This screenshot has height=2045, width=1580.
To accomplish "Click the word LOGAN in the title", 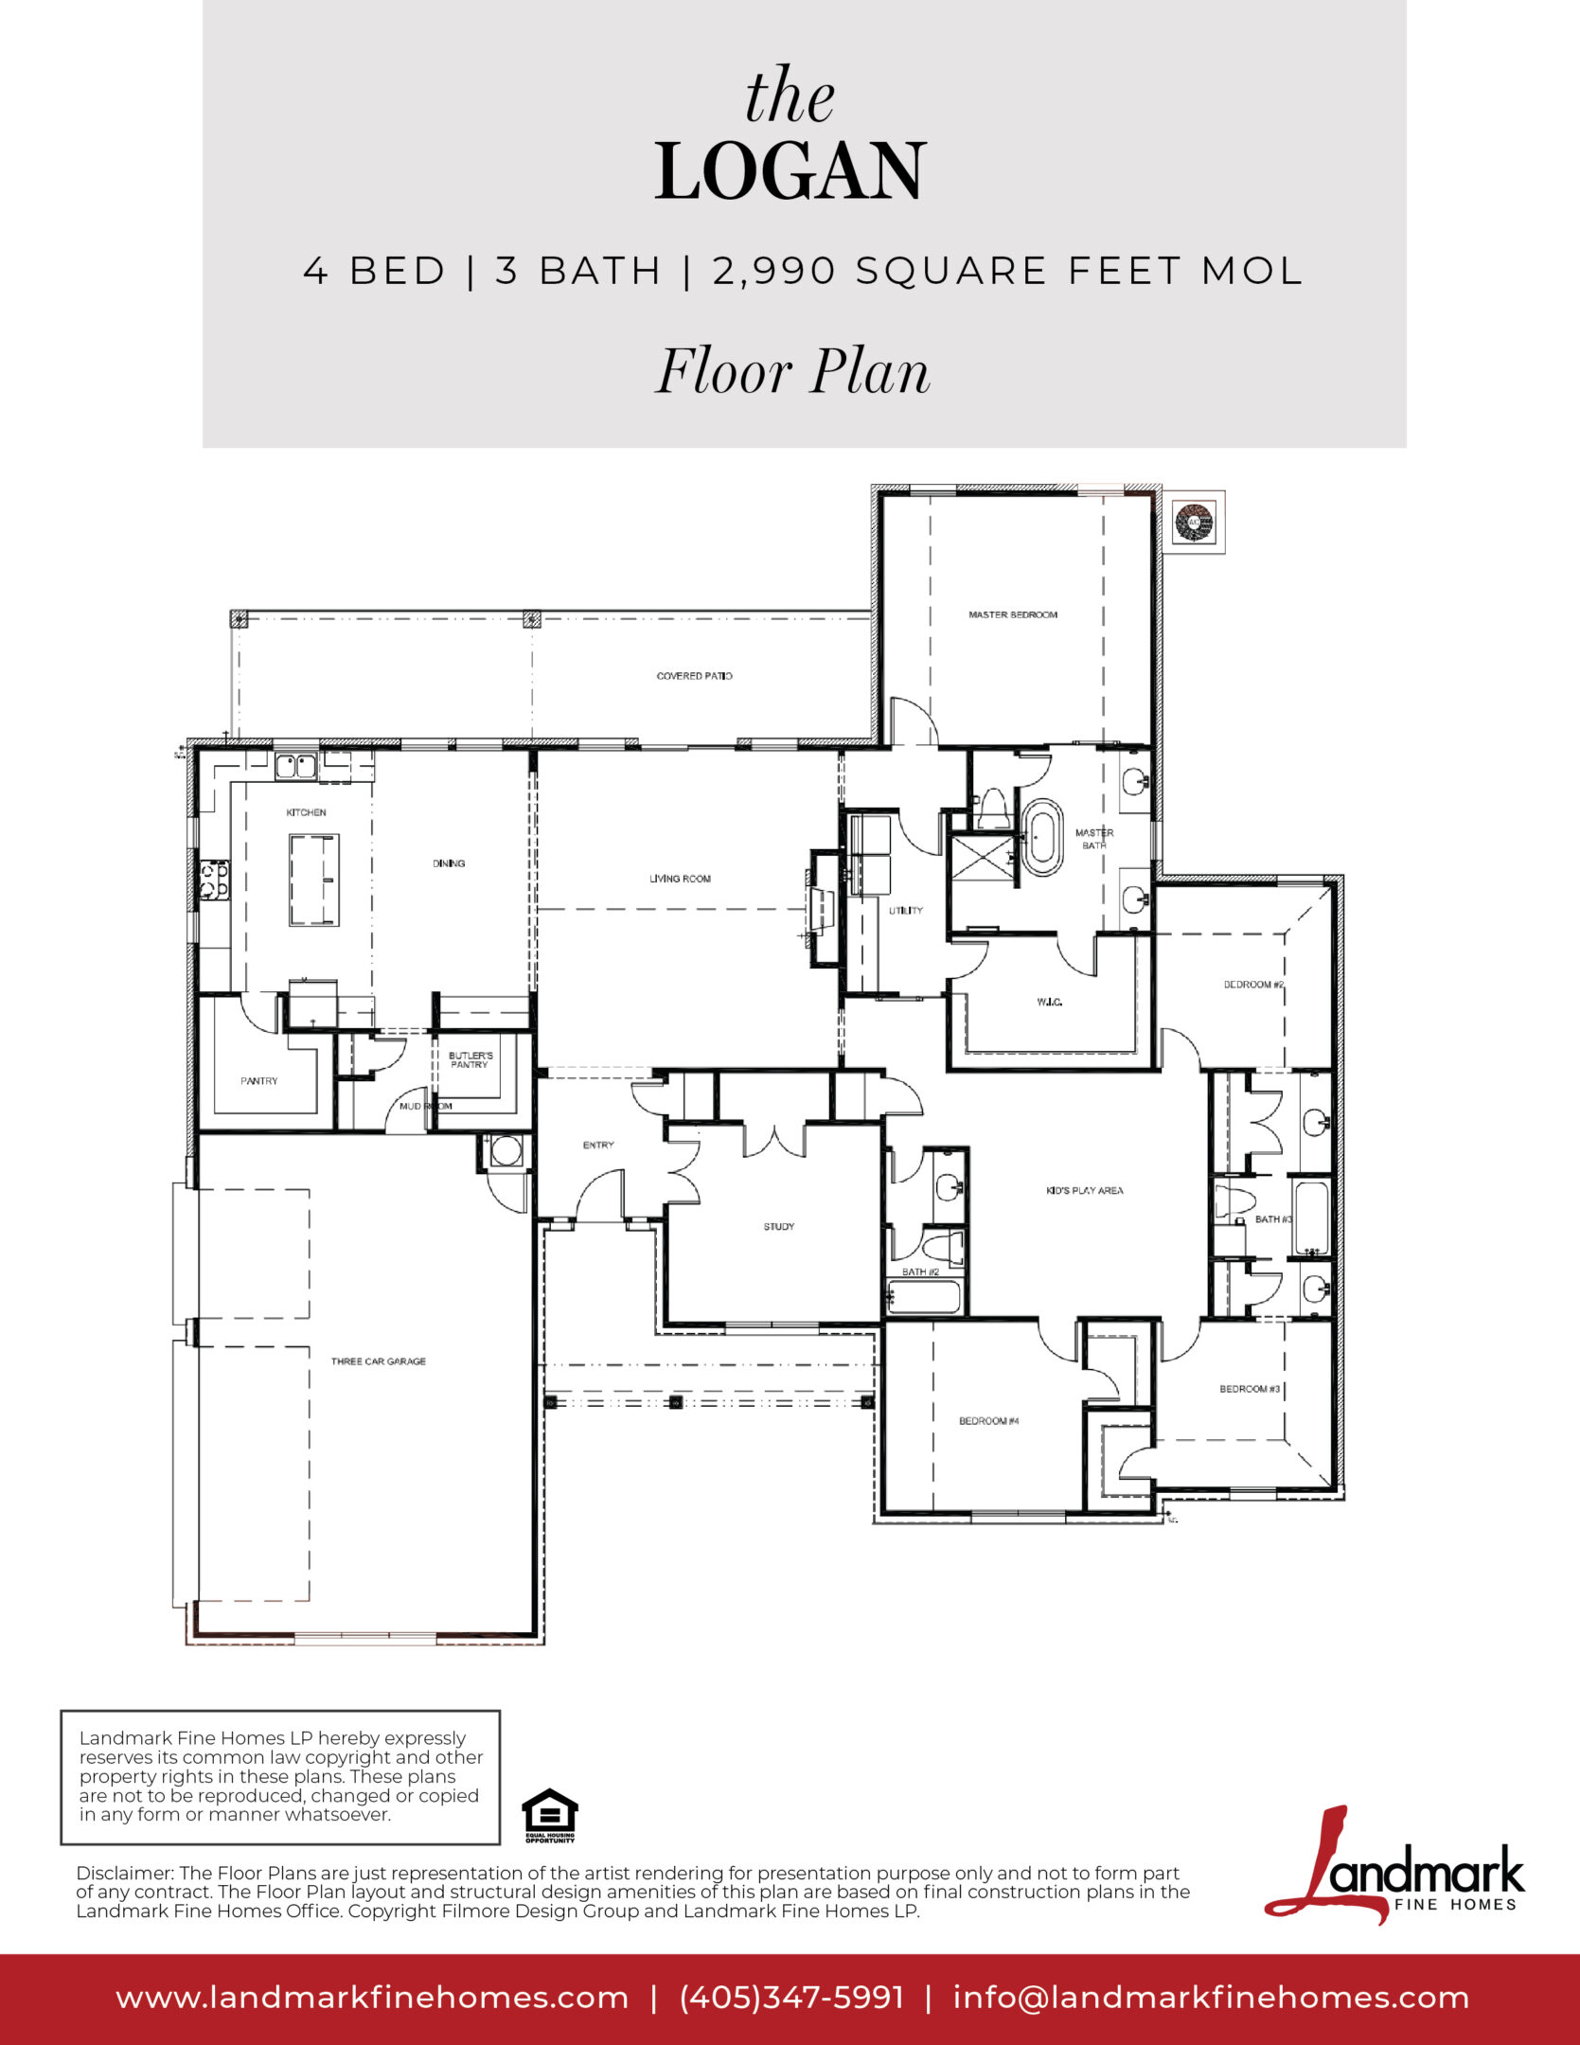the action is [x=790, y=171].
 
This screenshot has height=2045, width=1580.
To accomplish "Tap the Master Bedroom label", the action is [x=1013, y=615].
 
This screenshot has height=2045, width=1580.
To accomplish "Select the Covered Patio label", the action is [x=695, y=676].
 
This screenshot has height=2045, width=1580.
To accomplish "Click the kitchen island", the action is [x=314, y=880].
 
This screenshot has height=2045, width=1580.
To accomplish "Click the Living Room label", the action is [x=680, y=879].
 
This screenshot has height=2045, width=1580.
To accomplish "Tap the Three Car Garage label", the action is [x=379, y=1361].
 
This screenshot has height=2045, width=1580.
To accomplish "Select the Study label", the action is [x=779, y=1227].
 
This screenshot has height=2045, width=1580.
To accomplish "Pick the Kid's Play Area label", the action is [x=1085, y=1191].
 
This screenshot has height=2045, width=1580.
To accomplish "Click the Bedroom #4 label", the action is [x=989, y=1421].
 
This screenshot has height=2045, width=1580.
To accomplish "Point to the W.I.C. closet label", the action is [x=1049, y=1002].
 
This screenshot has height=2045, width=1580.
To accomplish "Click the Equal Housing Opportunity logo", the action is [x=550, y=1816].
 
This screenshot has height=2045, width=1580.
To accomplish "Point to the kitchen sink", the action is [x=295, y=765].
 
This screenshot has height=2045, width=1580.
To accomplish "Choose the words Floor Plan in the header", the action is [x=793, y=371].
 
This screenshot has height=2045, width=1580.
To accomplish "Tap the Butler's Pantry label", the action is [x=470, y=1060].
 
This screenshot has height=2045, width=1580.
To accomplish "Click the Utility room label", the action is [x=906, y=911].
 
